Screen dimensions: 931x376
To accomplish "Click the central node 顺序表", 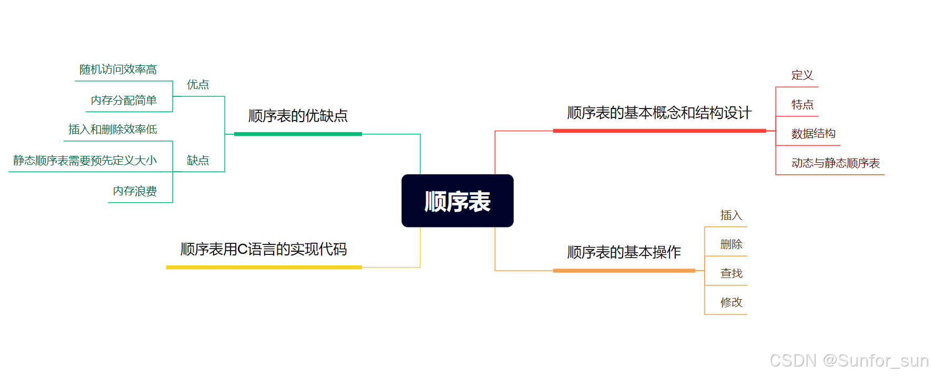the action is [x=457, y=201].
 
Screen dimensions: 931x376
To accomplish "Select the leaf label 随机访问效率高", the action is [x=118, y=70].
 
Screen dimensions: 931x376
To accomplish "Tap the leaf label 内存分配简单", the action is [x=124, y=101].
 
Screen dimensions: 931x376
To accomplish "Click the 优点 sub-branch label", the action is [x=198, y=85].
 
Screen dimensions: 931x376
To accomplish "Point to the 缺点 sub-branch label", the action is [x=198, y=161].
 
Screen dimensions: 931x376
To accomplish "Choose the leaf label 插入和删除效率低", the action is [x=113, y=130].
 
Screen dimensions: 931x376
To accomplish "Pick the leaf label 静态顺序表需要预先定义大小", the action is [x=85, y=161].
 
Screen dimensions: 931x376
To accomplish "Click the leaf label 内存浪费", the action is [x=135, y=191].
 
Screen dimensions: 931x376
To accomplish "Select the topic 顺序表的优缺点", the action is [x=298, y=116].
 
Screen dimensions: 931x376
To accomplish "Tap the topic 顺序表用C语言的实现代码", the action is [x=264, y=249].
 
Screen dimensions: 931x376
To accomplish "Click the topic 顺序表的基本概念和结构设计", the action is [x=659, y=113].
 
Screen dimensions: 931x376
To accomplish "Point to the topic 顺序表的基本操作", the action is [x=624, y=252].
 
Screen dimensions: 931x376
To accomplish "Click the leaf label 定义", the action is [x=802, y=75].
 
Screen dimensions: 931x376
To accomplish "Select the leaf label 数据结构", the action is [x=813, y=134].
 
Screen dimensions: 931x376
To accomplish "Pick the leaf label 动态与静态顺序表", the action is [x=835, y=163].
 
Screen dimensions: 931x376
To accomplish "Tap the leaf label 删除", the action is [x=731, y=244].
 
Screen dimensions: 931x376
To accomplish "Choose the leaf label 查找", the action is [x=731, y=273].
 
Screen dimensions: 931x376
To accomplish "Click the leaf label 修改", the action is [x=731, y=302].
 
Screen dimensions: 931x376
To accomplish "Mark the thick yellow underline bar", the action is [x=264, y=268].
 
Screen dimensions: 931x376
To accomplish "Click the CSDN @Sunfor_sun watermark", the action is [x=849, y=361].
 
